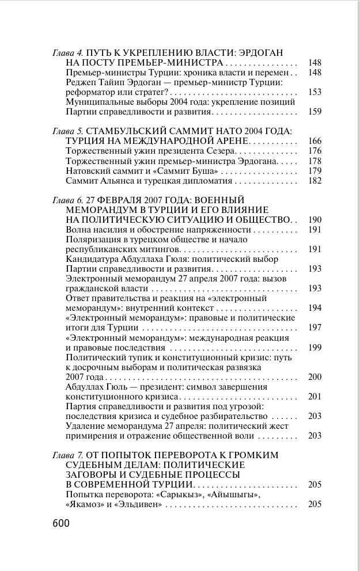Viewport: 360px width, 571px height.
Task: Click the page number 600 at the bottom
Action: tap(60, 523)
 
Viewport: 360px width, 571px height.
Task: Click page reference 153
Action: tap(314, 92)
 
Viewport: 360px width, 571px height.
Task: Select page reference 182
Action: tap(314, 181)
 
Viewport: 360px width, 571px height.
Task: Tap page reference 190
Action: tap(314, 220)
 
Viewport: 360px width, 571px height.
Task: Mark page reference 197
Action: tap(314, 328)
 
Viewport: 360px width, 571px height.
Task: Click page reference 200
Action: tap(314, 376)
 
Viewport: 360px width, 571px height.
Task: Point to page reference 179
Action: tap(314, 171)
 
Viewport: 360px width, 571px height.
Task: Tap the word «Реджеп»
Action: tap(81, 82)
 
